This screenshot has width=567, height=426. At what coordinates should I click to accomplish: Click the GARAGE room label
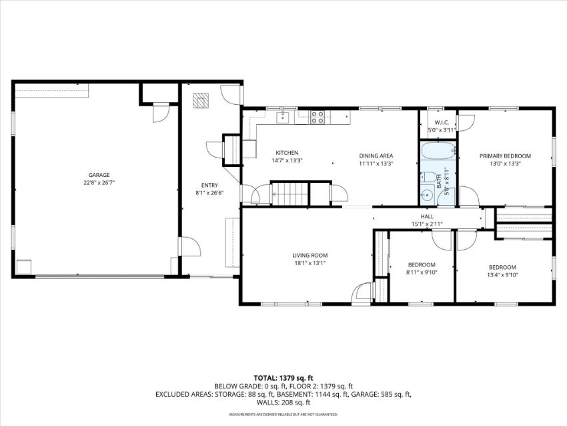[99, 175]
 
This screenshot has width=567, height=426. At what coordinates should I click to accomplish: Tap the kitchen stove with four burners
[318, 118]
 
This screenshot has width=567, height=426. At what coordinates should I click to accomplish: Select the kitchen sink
[283, 118]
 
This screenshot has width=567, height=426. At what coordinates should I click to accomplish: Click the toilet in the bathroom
[428, 177]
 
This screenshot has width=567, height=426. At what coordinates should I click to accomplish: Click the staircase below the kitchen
[290, 194]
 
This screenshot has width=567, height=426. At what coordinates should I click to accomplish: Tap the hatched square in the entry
[201, 101]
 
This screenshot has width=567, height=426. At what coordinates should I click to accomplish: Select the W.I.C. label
[442, 122]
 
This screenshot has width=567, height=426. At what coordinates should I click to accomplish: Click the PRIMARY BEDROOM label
[505, 156]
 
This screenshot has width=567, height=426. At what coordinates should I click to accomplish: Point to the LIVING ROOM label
[310, 256]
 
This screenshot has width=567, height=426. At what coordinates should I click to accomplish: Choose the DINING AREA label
[376, 156]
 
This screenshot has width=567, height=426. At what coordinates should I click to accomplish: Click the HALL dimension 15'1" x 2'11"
[427, 224]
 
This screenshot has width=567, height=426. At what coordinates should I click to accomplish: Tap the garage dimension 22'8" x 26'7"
[99, 183]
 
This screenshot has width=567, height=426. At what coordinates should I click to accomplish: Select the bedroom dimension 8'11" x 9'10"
[422, 272]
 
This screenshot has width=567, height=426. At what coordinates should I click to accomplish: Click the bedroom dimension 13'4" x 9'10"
[503, 274]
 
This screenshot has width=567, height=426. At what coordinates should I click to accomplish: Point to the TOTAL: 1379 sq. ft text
[283, 379]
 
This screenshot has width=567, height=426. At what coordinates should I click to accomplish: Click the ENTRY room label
[209, 186]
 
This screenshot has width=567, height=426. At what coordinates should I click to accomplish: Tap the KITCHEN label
[287, 153]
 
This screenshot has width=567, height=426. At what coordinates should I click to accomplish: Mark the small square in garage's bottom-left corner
[24, 267]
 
